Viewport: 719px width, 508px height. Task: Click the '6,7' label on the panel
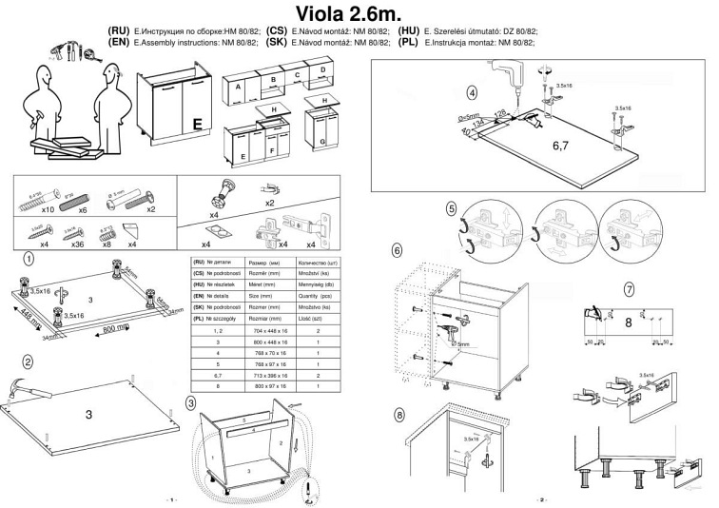tap(566, 147)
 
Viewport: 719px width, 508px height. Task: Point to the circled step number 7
tap(630, 289)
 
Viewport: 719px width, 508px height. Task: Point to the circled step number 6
tap(397, 250)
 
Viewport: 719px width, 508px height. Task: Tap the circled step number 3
tap(191, 402)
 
